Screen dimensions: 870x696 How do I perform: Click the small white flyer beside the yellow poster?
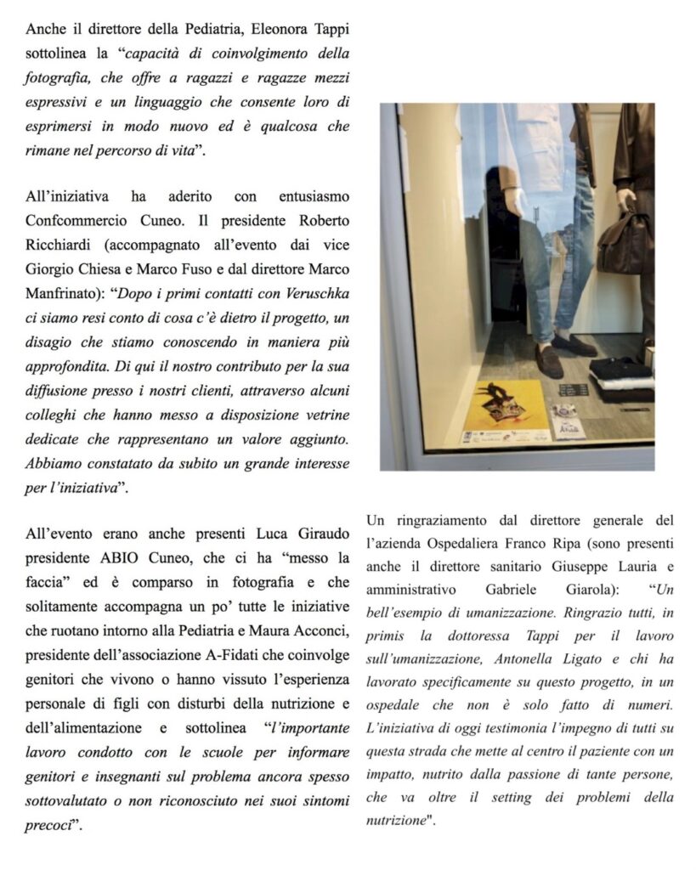pos(563,421)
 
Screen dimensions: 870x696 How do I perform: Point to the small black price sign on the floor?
pos(574,390)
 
